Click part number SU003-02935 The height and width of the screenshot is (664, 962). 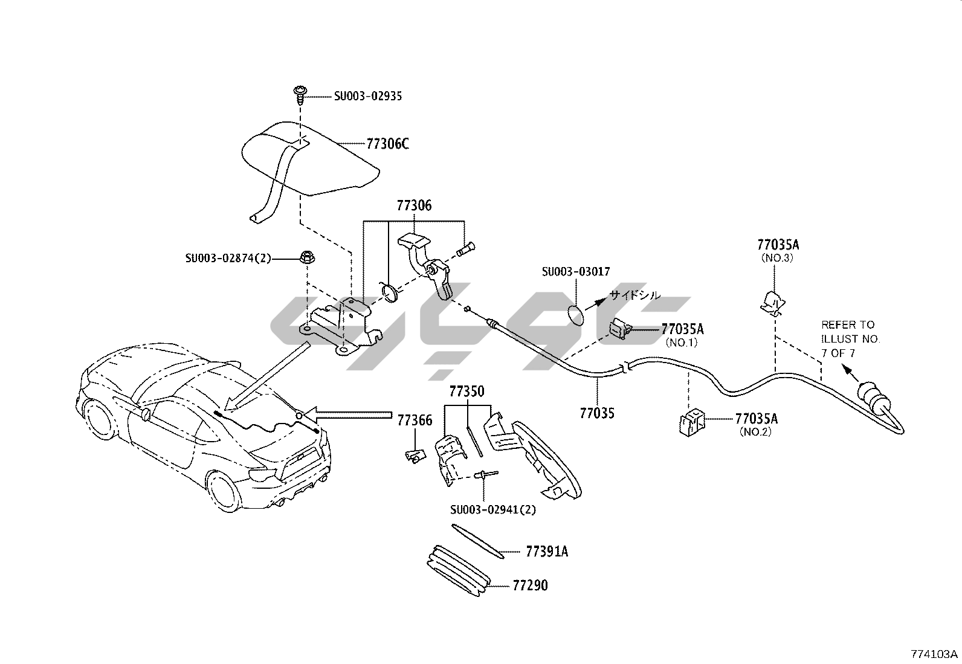click(x=367, y=96)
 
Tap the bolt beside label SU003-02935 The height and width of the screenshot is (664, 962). click(x=299, y=94)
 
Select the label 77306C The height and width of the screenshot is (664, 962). click(x=387, y=144)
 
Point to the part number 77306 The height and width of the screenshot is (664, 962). click(x=414, y=205)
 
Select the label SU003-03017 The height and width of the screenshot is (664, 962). click(x=576, y=272)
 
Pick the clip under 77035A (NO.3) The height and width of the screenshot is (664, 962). click(x=770, y=302)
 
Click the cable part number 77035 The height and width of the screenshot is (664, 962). click(x=597, y=413)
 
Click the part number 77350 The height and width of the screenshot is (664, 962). click(x=466, y=392)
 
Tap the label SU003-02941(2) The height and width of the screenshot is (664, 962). click(x=492, y=509)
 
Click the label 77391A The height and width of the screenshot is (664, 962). click(x=547, y=552)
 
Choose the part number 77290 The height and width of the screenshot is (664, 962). click(x=530, y=585)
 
